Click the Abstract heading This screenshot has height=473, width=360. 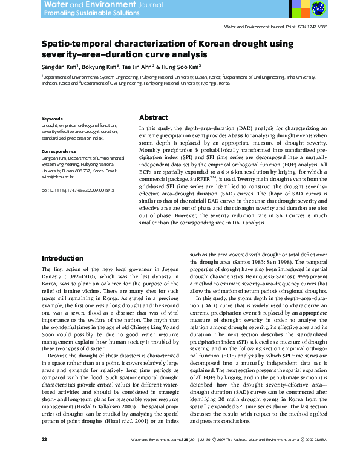click(154, 117)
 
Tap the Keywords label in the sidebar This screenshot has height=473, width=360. click(52, 119)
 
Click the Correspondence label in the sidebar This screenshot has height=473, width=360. click(59, 151)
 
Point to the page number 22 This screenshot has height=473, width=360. click(44, 455)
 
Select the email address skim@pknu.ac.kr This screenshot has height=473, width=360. click(57, 177)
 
